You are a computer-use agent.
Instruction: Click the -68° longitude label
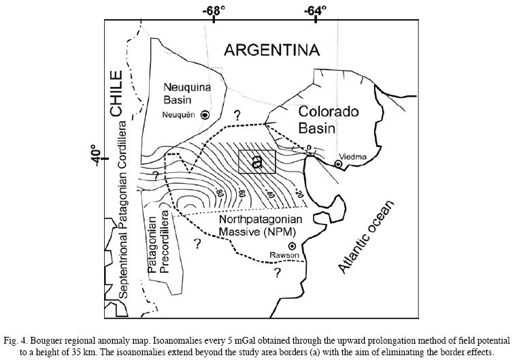[214, 10]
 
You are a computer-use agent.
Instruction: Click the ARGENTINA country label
[272, 50]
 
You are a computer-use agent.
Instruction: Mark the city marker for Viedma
[338, 164]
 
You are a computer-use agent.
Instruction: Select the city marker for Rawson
[292, 246]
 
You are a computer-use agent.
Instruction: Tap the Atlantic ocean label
[367, 238]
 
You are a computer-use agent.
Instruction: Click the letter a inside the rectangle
[256, 162]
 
